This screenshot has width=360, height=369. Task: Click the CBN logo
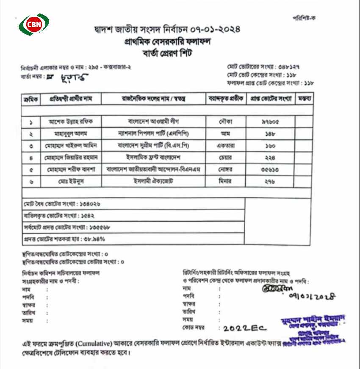click(34, 25)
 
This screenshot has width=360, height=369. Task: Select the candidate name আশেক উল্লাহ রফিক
click(70, 122)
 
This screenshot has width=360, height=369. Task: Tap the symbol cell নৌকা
click(227, 122)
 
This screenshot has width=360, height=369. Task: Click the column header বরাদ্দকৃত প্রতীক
click(226, 99)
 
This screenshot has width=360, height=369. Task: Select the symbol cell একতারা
click(227, 145)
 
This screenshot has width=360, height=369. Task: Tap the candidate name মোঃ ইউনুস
click(70, 181)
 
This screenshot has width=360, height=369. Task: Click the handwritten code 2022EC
click(243, 328)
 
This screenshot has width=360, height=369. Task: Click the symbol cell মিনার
click(227, 181)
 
